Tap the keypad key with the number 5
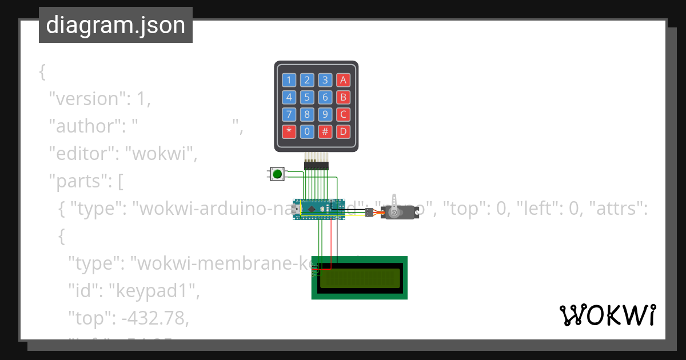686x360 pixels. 307,97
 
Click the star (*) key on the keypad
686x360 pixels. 289,132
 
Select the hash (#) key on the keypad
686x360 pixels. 325,132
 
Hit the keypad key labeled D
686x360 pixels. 342,132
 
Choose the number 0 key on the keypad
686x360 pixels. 307,132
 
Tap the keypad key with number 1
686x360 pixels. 289,80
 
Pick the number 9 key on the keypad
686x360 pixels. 325,114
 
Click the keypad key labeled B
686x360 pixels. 342,97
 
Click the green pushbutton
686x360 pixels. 278,174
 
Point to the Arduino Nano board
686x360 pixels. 319,210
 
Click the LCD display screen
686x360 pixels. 360,278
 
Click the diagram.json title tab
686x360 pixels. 115,25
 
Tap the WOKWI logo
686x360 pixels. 607,315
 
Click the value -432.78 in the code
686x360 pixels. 154,318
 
